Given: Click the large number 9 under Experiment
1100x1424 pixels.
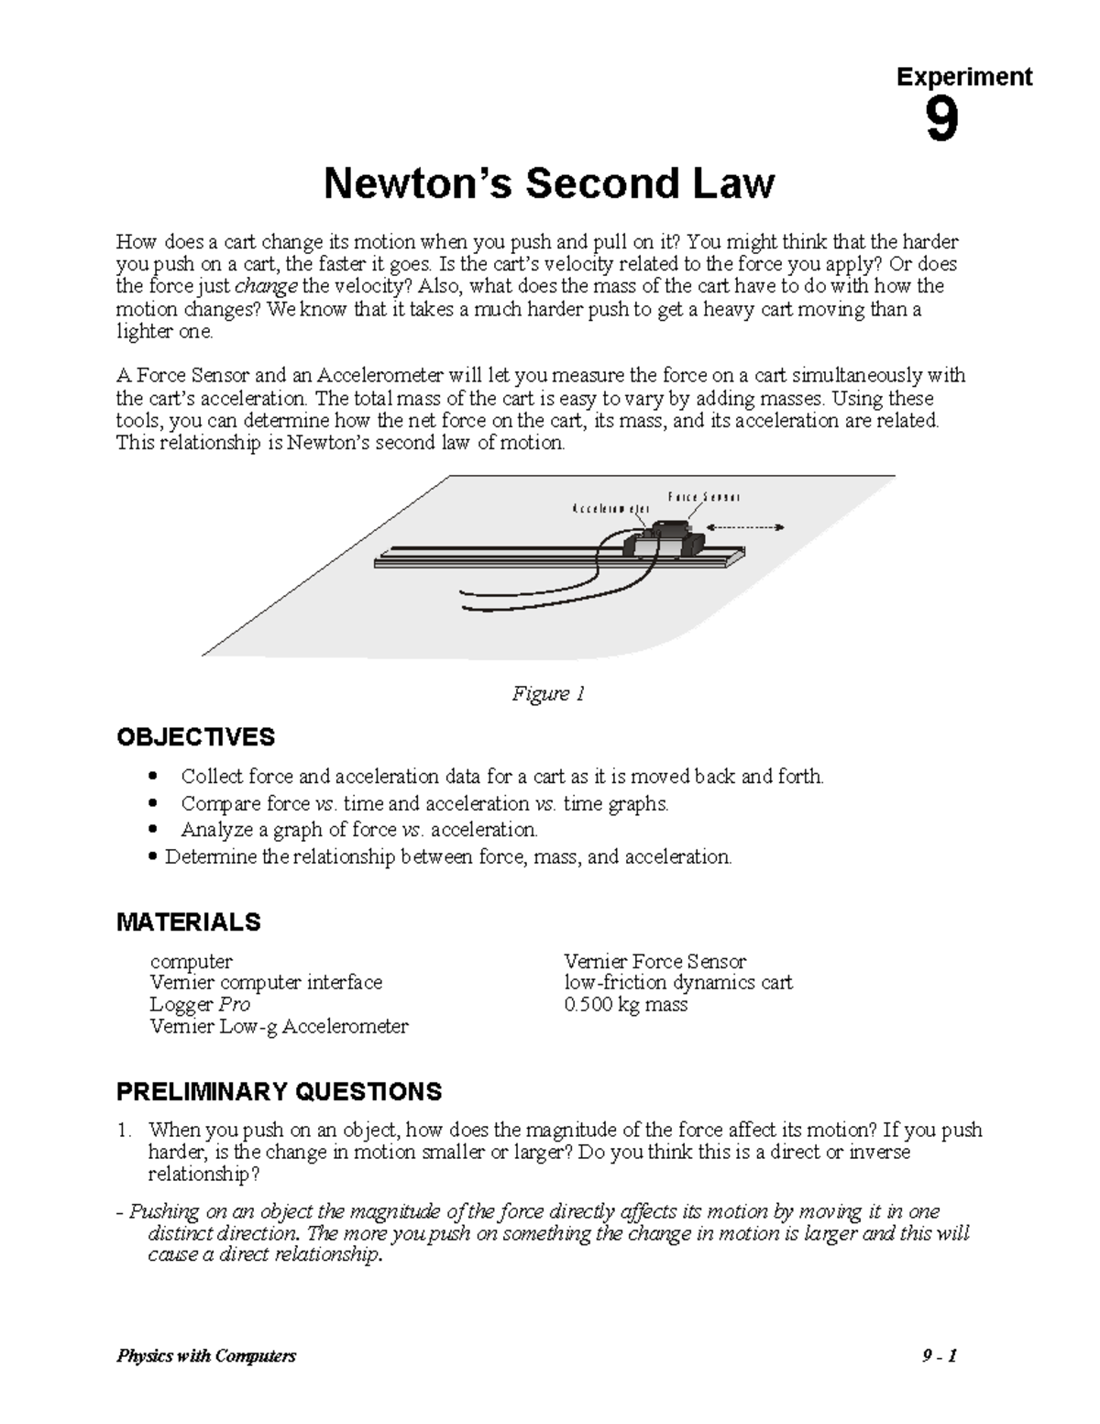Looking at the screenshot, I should click(x=941, y=122).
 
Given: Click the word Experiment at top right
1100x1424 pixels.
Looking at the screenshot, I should click(x=964, y=77).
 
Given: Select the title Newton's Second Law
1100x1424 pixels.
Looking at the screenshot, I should click(x=549, y=183).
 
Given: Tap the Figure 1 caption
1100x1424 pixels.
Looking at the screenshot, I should click(x=548, y=694).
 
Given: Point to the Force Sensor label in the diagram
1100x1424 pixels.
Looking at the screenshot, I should click(x=703, y=497).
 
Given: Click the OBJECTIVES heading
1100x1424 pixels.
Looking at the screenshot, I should click(x=195, y=737).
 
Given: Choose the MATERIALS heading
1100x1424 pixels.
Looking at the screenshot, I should click(x=189, y=922).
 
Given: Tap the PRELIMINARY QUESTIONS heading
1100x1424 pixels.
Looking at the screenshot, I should click(x=279, y=1091).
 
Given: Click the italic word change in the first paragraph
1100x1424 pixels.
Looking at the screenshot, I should click(x=273, y=286).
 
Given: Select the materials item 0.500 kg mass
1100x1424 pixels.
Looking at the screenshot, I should click(x=626, y=1005).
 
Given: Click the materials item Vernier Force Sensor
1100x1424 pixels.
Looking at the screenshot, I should click(x=654, y=962).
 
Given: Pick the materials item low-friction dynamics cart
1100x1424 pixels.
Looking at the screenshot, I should click(x=678, y=983).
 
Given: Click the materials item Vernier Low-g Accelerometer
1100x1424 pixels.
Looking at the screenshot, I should click(x=279, y=1027).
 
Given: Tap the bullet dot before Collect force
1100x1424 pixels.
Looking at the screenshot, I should click(x=153, y=778).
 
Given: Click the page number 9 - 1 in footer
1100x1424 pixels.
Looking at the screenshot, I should click(x=940, y=1356).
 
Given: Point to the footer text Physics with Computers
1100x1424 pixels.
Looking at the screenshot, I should click(x=206, y=1356).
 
